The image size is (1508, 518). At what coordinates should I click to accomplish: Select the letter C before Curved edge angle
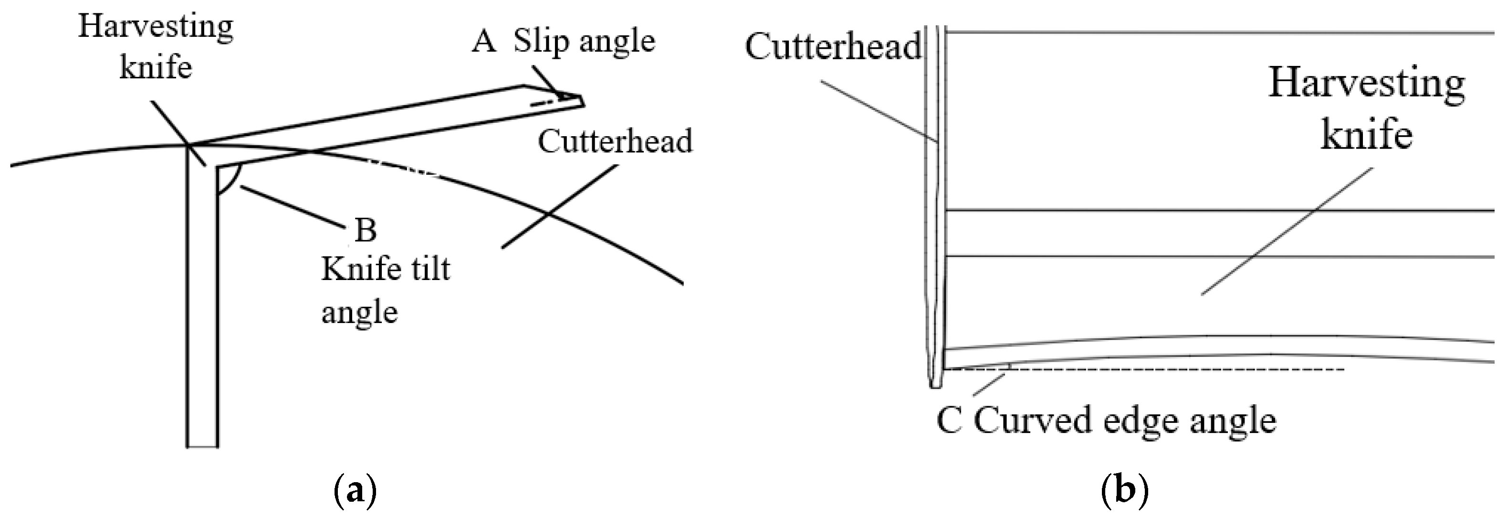(x=949, y=421)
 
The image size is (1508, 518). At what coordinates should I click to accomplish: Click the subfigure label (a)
(x=354, y=492)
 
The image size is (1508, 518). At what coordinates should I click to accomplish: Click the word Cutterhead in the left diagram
(x=615, y=141)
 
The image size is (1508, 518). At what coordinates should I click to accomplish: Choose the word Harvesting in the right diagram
(x=1366, y=84)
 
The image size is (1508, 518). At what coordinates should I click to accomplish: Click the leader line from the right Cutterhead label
(x=878, y=111)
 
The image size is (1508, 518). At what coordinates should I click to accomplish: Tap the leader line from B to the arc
(x=293, y=205)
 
